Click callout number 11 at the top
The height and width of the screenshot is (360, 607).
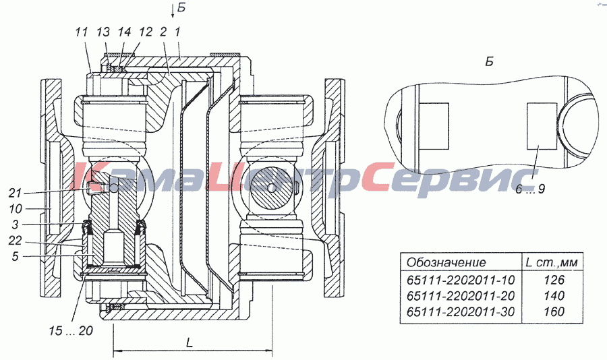tap(82, 32)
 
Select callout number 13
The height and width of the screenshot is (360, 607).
tap(103, 32)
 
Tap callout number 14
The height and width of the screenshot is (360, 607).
tap(124, 32)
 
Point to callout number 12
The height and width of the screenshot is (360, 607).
tap(146, 32)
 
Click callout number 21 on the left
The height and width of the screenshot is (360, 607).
tap(16, 193)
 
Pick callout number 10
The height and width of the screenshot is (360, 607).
tap(16, 209)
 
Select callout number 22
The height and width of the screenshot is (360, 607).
tap(16, 241)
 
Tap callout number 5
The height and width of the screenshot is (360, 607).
tap(15, 256)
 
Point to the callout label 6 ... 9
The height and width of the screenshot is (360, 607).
tap(530, 189)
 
